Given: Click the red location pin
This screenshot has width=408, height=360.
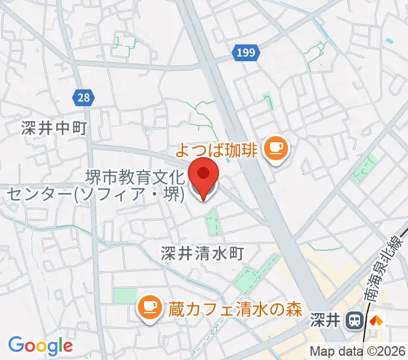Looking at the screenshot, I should coord(203,176).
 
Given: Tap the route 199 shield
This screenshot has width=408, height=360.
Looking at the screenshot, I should coord(245,53).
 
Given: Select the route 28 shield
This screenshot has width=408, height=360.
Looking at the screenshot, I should coord(84,96).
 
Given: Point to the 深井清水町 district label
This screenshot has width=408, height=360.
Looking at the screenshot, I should coord(202,253).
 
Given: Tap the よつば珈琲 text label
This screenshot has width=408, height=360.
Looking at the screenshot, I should coord(217,148).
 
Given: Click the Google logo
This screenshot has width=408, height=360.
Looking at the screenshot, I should coord(40,345).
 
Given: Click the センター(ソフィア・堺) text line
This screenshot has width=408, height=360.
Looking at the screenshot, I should coord(95,194).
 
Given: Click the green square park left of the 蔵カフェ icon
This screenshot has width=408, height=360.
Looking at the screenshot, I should coord(125,296).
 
